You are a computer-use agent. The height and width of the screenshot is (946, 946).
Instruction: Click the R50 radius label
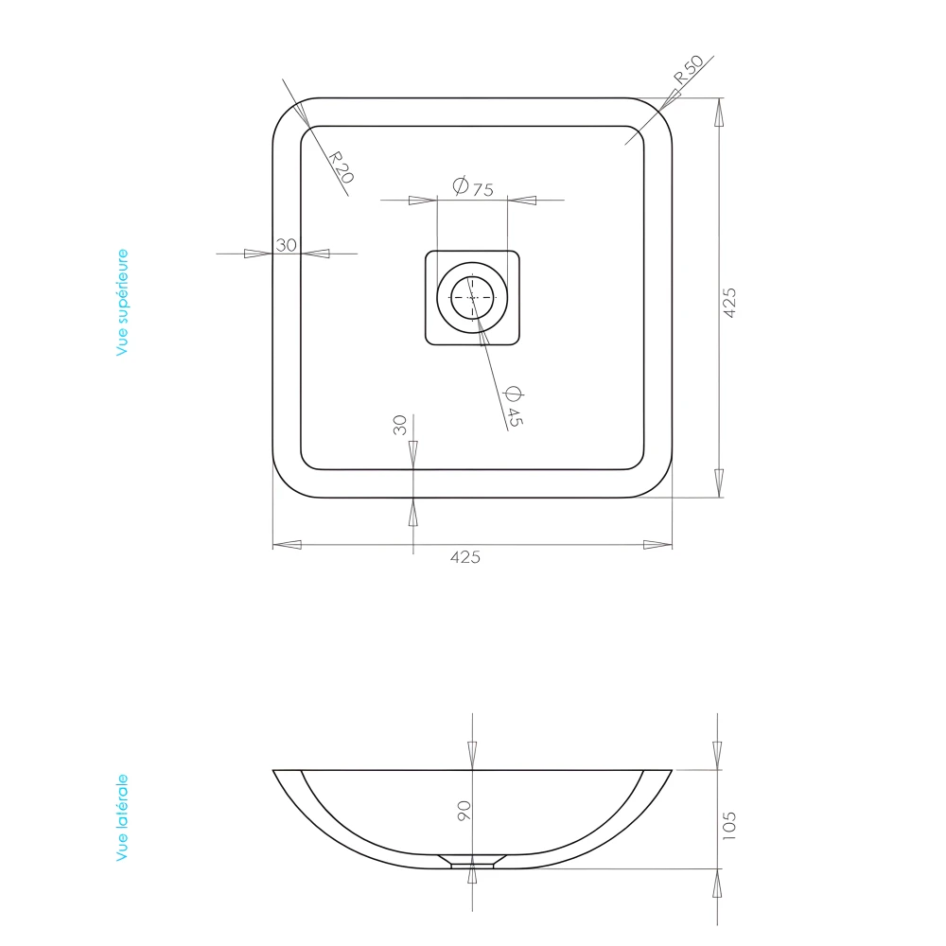pyautogui.click(x=689, y=73)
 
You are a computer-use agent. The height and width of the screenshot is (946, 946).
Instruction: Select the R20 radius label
pyautogui.click(x=342, y=167)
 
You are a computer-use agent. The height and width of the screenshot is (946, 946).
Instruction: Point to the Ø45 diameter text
pyautogui.click(x=513, y=407)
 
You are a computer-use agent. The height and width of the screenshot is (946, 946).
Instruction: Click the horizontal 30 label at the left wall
pyautogui.click(x=286, y=245)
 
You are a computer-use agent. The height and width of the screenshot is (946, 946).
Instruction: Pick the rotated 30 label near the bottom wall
pyautogui.click(x=399, y=425)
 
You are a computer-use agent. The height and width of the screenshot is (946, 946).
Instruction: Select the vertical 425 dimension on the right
pyautogui.click(x=729, y=302)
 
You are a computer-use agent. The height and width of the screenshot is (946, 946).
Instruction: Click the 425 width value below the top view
pyautogui.click(x=464, y=557)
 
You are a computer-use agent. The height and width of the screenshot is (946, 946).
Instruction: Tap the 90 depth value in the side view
pyautogui.click(x=464, y=811)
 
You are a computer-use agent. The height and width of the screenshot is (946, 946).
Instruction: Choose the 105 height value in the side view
pyautogui.click(x=728, y=824)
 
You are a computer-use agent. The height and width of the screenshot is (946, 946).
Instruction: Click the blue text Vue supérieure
pyautogui.click(x=122, y=303)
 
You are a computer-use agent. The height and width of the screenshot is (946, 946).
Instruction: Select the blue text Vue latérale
pyautogui.click(x=122, y=817)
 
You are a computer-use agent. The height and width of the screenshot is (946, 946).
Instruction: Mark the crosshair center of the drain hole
pyautogui.click(x=472, y=297)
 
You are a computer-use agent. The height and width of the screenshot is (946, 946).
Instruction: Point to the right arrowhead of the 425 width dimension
pyautogui.click(x=657, y=545)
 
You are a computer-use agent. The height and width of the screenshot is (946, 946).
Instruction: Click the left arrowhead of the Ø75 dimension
pyautogui.click(x=423, y=201)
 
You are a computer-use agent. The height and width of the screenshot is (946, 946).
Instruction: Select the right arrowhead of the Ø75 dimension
pyautogui.click(x=521, y=201)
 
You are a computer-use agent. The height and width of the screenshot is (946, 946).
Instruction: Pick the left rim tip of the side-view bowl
pyautogui.click(x=275, y=771)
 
